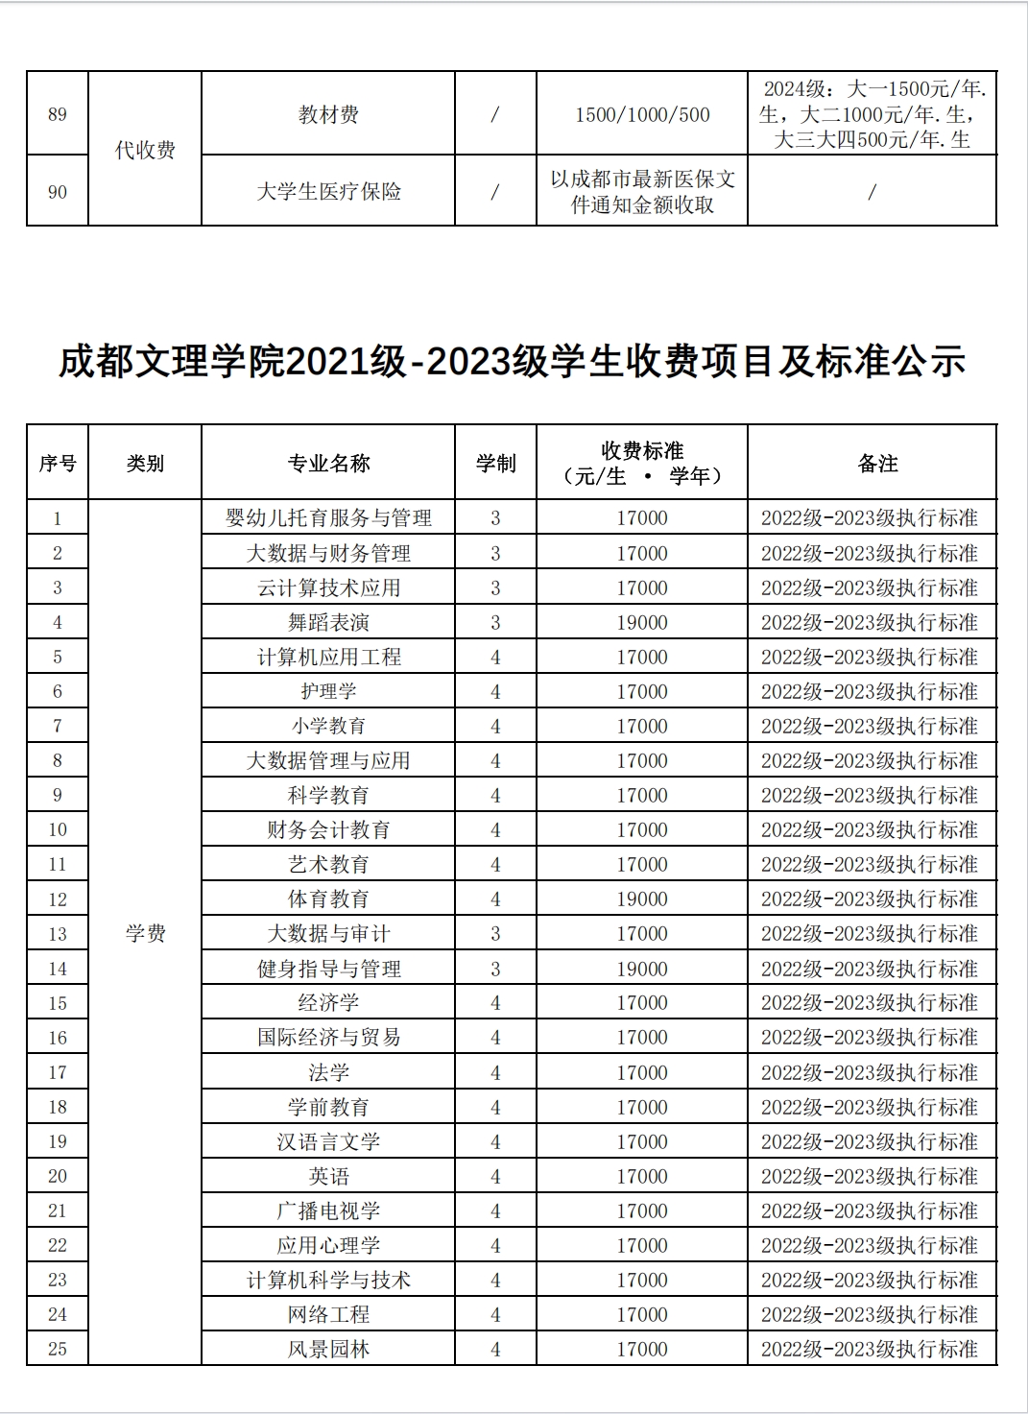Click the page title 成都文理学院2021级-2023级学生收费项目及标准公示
(512, 363)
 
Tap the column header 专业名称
(328, 464)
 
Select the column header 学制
(495, 464)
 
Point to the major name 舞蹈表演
(328, 622)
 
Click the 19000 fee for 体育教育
(641, 899)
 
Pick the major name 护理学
(328, 691)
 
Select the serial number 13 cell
(58, 934)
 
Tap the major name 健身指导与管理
(328, 969)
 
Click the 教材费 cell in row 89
(328, 115)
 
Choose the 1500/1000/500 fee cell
(641, 115)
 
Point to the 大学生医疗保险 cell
(328, 192)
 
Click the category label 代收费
(145, 151)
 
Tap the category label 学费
(145, 933)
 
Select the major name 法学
(328, 1072)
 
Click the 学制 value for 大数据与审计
(495, 934)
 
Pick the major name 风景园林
(328, 1349)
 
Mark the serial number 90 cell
(58, 192)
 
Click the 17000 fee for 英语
(641, 1176)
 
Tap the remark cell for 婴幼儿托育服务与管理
(870, 518)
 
